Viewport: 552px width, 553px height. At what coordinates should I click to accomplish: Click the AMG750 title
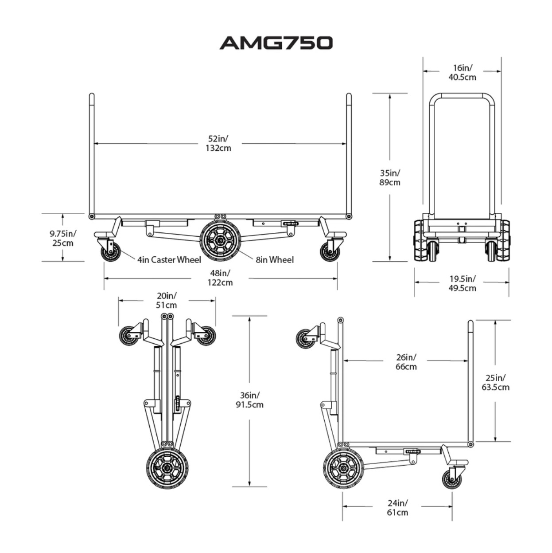point(276,43)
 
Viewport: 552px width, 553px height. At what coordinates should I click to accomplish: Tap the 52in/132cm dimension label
point(218,143)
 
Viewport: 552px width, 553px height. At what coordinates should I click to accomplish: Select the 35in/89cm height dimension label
point(390,178)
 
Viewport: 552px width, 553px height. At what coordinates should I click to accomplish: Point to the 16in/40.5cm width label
point(462,72)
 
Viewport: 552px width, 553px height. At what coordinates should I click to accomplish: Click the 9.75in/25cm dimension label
point(63,238)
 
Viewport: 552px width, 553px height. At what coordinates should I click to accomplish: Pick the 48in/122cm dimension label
point(220,278)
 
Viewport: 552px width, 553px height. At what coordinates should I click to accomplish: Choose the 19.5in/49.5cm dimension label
point(462,283)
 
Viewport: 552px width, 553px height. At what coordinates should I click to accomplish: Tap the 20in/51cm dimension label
point(166,300)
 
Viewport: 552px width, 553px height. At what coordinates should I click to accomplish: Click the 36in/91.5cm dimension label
point(249,400)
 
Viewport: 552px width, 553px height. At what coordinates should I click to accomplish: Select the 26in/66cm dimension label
point(406,361)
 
